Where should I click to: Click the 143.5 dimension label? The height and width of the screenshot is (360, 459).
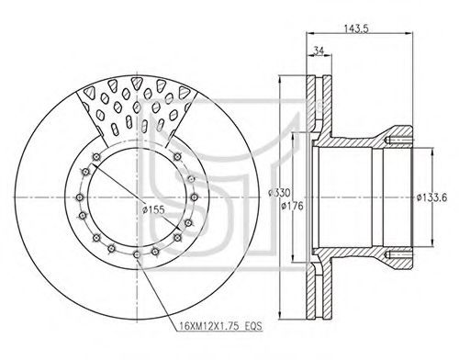click(x=357, y=28)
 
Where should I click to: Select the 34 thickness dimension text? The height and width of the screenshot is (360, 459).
click(x=319, y=51)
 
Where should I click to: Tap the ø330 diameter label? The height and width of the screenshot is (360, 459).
click(x=279, y=193)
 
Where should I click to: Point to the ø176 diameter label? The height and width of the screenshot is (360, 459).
click(x=292, y=206)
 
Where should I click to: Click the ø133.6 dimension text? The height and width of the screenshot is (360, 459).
click(x=431, y=197)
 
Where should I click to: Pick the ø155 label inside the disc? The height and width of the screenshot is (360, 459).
click(x=153, y=209)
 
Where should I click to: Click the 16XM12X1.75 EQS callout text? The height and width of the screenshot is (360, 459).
click(x=221, y=326)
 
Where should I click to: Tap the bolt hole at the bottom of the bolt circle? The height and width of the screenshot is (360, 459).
click(x=137, y=253)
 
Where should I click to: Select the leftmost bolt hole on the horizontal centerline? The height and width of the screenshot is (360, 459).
click(x=80, y=197)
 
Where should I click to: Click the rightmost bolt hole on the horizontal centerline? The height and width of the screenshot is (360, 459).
click(x=194, y=197)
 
